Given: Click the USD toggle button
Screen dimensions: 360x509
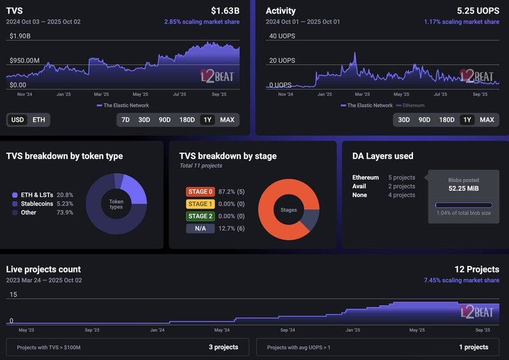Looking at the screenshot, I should (x=18, y=120).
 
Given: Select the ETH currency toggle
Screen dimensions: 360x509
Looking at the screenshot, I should (x=39, y=120).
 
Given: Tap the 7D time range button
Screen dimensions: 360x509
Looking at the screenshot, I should (x=126, y=120).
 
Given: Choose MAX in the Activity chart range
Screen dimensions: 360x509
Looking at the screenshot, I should (x=487, y=120).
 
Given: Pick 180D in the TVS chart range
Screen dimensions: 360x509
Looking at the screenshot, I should (x=187, y=120).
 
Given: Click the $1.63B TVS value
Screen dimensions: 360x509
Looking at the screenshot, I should (x=225, y=11).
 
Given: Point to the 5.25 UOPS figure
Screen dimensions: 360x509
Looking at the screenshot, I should (x=478, y=11).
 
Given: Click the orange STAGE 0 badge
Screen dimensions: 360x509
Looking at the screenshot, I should (x=200, y=191).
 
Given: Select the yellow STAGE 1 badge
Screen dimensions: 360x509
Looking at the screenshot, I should (x=200, y=204).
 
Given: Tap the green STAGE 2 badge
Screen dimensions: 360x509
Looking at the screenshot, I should (x=200, y=216).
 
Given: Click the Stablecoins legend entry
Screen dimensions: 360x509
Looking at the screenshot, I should (x=38, y=204).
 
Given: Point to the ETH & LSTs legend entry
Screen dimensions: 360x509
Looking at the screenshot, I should (x=37, y=195).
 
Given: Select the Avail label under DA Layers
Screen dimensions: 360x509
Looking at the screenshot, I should (x=359, y=186).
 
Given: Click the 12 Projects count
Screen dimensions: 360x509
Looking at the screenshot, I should (x=477, y=269).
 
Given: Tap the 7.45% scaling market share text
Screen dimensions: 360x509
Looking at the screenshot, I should (x=461, y=280).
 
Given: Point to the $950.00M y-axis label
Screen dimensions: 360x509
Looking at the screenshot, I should (x=24, y=60).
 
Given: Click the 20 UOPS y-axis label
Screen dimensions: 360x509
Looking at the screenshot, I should (x=282, y=60).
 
